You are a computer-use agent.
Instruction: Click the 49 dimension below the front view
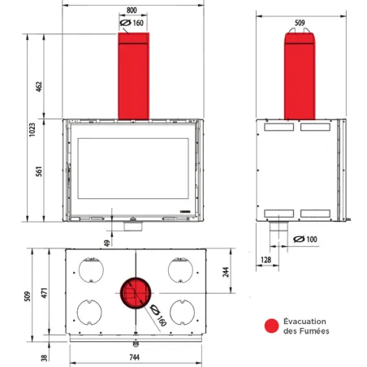(x=107, y=242)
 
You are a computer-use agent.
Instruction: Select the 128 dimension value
(x=266, y=259)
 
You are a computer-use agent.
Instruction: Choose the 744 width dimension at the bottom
(x=134, y=357)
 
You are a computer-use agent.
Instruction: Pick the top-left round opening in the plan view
(x=89, y=269)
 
